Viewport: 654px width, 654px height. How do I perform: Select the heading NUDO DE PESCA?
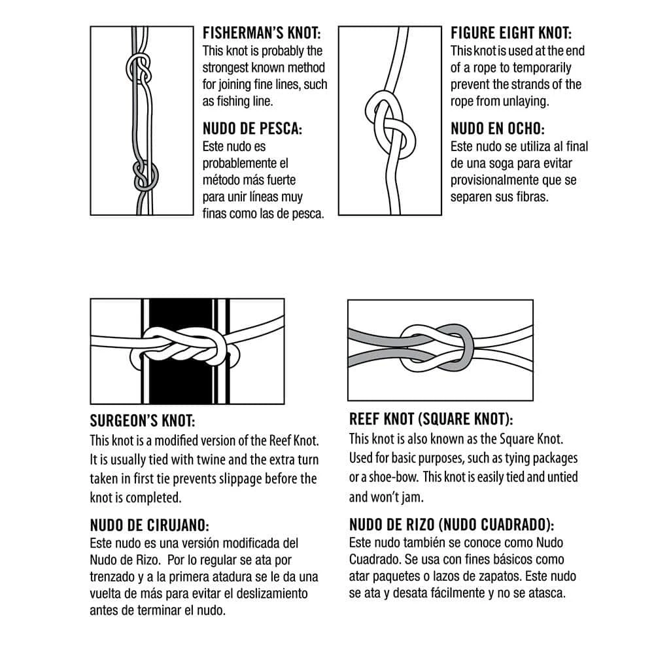[x=252, y=129]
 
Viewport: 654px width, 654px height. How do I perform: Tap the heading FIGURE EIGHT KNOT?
[x=511, y=33]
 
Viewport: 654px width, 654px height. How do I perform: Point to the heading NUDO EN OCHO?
[x=498, y=129]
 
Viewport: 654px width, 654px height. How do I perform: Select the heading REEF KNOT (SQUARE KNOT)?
[x=431, y=419]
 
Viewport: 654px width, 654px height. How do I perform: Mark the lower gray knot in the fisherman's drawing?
[x=145, y=175]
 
